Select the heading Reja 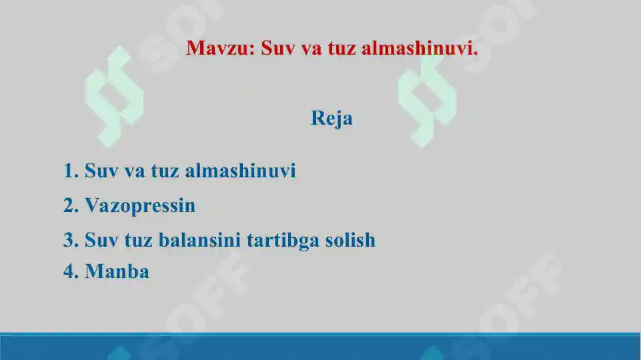pos(332,119)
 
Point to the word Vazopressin pos(140,206)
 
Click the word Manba pos(117,272)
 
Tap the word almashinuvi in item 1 pos(240,171)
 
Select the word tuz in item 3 pos(138,240)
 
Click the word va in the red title pos(312,48)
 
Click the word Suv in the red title pos(278,48)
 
